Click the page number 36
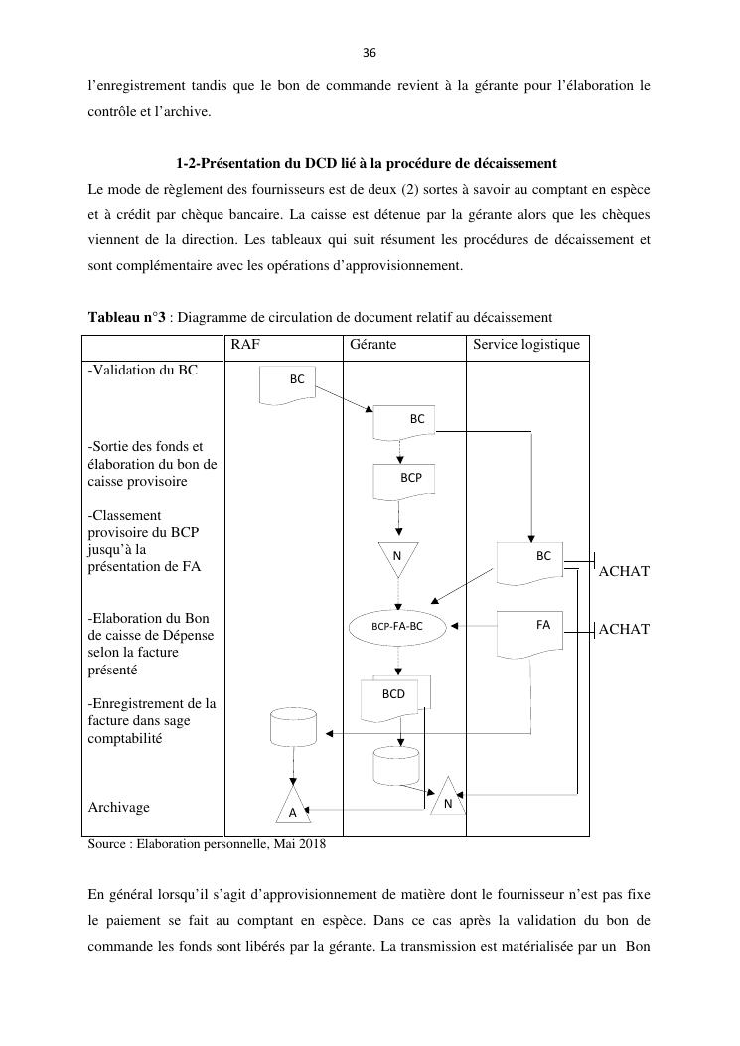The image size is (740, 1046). (370, 52)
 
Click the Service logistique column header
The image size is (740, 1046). (526, 346)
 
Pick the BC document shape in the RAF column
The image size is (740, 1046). (297, 383)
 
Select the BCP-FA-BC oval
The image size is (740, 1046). (397, 627)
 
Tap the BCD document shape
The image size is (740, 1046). (395, 696)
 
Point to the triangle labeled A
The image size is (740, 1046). (292, 808)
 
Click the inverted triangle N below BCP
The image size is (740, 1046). (397, 557)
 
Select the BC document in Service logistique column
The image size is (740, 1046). (531, 561)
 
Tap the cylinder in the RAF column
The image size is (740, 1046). (294, 728)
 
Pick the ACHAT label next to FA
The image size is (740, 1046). (625, 629)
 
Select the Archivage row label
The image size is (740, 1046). (119, 807)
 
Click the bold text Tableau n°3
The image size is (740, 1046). (126, 317)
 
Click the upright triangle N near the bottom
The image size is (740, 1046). (448, 798)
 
